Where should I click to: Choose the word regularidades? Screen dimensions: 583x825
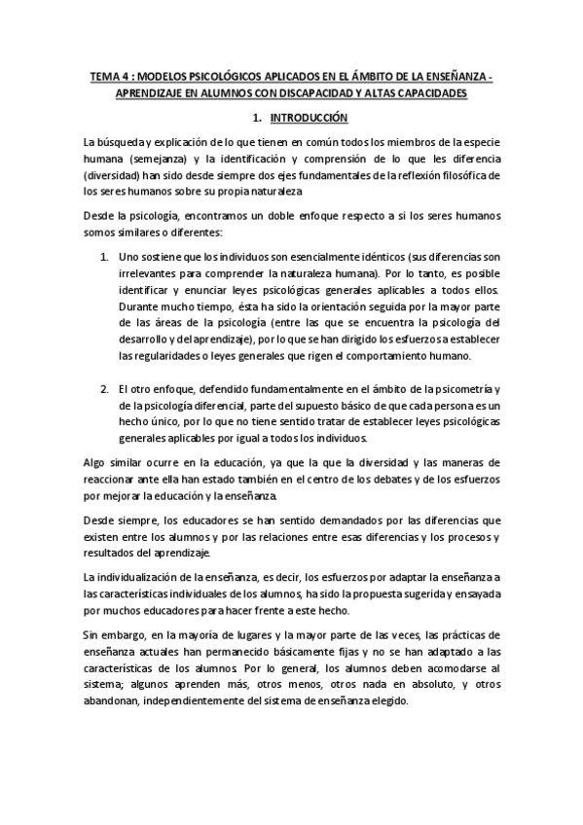coord(165,356)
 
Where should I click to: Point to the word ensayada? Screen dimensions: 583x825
coord(477,594)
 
